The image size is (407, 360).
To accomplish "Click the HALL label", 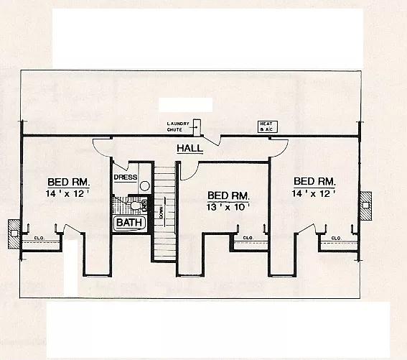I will tap(190, 149).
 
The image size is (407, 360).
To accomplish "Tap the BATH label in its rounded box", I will tap(131, 223).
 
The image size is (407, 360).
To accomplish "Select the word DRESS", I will tap(126, 177).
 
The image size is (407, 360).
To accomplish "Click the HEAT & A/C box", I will tap(267, 127).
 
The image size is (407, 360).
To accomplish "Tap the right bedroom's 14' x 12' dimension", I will tap(314, 194).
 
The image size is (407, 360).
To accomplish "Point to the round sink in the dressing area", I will tap(144, 185).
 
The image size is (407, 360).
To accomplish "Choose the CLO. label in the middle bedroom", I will tap(247, 237).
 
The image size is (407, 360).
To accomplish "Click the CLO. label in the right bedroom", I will tap(335, 237).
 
